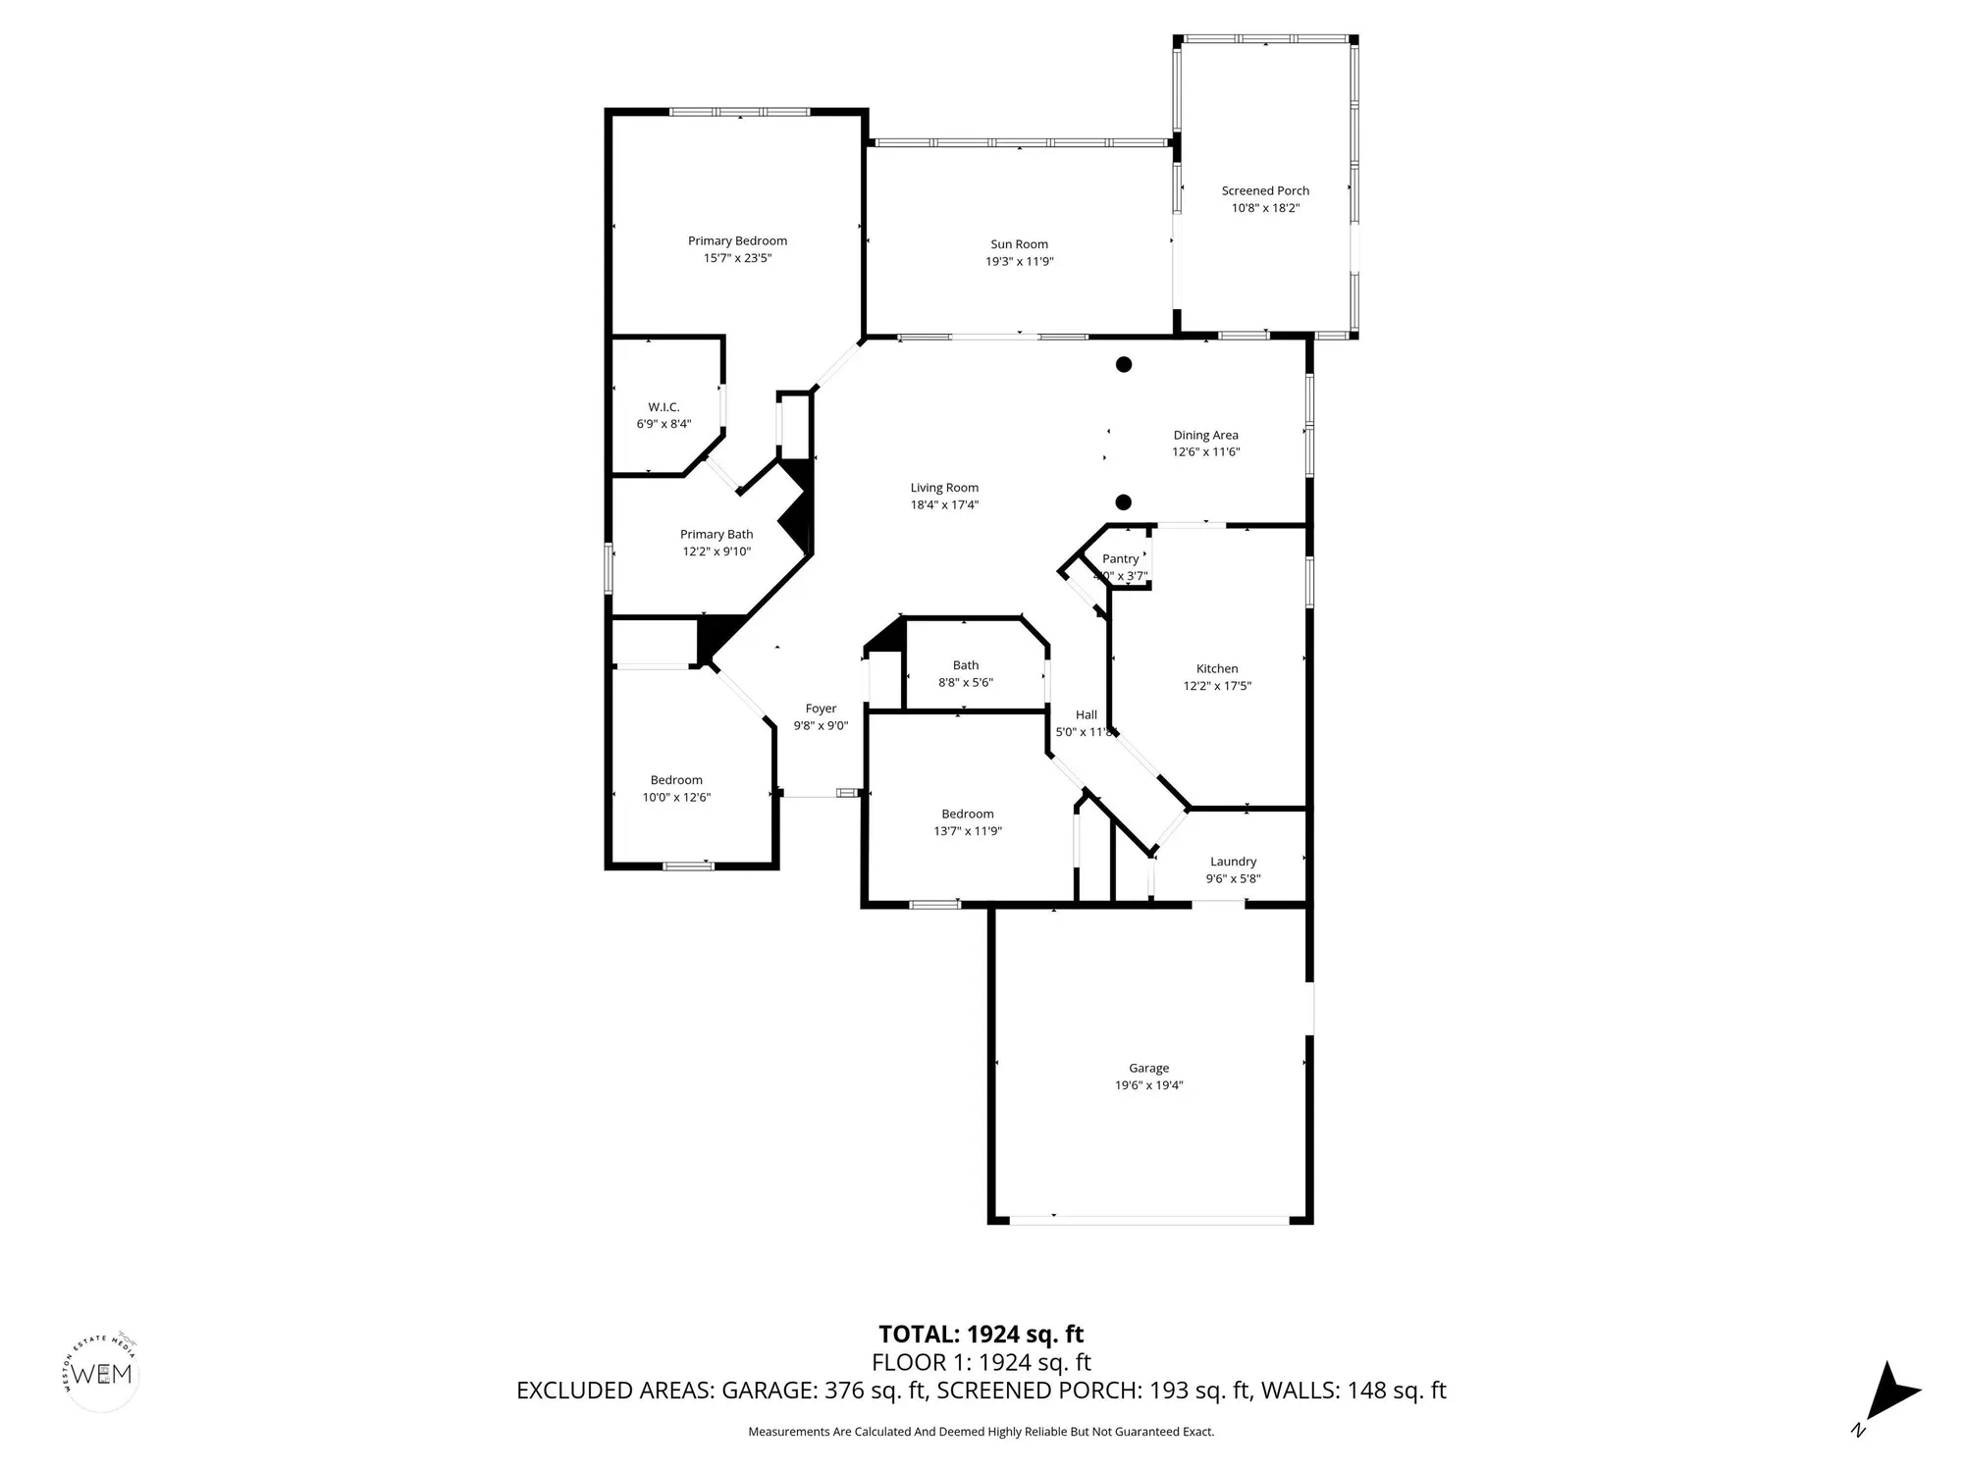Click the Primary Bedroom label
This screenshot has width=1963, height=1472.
(x=737, y=240)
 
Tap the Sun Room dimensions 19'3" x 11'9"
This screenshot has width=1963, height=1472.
(x=1019, y=262)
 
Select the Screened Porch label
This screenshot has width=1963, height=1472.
(x=1265, y=191)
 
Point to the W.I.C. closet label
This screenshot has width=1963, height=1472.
(x=663, y=407)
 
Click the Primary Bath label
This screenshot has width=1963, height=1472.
(x=716, y=535)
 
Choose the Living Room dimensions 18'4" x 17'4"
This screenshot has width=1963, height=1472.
(x=944, y=505)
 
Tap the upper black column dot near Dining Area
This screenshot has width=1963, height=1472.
(x=1124, y=364)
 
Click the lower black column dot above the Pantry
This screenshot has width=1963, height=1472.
(x=1124, y=502)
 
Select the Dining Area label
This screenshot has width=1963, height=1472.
(x=1205, y=435)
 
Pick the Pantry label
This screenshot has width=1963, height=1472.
(x=1120, y=558)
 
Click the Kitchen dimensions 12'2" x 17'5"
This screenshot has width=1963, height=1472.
(x=1217, y=686)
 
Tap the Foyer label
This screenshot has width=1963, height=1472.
(x=821, y=709)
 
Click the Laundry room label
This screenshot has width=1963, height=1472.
(x=1233, y=862)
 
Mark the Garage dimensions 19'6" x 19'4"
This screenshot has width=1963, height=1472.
(x=1148, y=1085)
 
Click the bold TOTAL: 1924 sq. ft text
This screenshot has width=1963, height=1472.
(x=981, y=1334)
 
